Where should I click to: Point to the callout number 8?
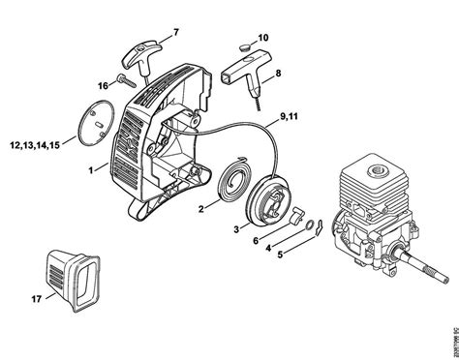(x=278, y=73)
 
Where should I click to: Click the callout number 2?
(x=201, y=208)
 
